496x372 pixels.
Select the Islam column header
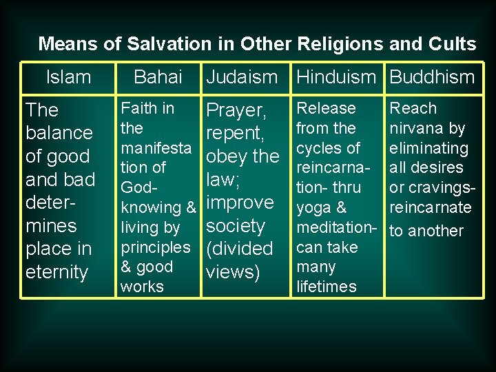(68, 77)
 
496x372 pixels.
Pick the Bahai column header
(158, 77)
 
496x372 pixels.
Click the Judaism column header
(242, 77)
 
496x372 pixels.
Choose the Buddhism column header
(432, 77)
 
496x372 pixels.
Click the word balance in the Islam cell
(59, 132)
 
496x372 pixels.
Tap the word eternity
(56, 272)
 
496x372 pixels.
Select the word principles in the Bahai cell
(155, 247)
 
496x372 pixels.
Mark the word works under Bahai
(142, 286)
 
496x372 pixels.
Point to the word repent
(234, 133)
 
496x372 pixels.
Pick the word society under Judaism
(236, 226)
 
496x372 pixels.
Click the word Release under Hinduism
(326, 108)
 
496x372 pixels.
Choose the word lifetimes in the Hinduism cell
(327, 286)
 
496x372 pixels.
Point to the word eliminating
(428, 148)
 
